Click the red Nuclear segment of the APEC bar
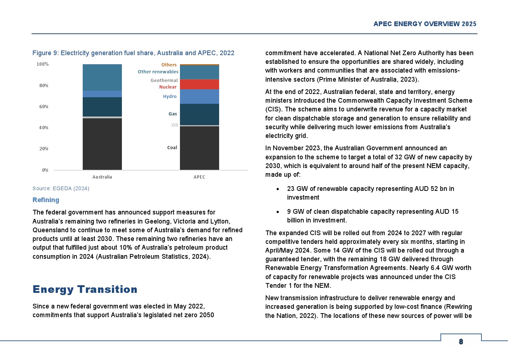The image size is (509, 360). [199, 84]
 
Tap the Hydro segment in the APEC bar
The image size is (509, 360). [199, 97]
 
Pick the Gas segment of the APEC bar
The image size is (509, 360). [199, 114]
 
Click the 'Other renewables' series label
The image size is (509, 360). [158, 72]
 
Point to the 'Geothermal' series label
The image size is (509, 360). [164, 81]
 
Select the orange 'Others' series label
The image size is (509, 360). [169, 65]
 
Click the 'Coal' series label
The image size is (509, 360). [172, 148]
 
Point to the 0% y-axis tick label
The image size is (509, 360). [45, 170]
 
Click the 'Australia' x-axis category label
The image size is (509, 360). [102, 177]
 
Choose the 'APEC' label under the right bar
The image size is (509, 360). [199, 177]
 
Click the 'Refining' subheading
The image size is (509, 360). [46, 200]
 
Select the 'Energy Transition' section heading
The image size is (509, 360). [85, 289]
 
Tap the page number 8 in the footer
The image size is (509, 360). [461, 341]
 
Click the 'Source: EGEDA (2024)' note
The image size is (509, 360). [61, 188]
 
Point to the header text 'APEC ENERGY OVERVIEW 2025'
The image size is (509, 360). [425, 24]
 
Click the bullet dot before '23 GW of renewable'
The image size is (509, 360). [278, 189]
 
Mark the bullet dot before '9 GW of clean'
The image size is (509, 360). [278, 212]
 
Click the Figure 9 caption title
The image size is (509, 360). [133, 53]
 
